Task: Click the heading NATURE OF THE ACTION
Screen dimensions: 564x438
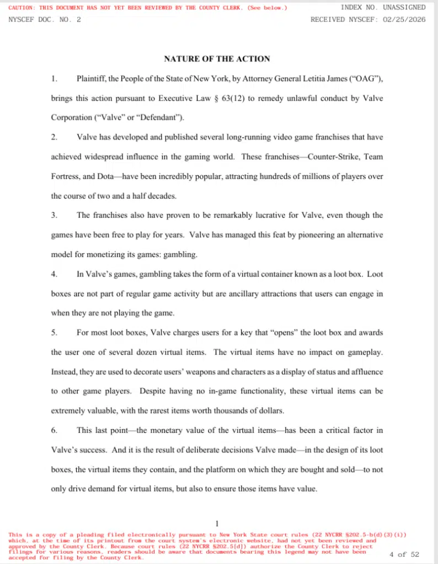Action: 217,59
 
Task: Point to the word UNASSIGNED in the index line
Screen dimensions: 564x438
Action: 403,8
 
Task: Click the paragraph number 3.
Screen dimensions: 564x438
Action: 54,215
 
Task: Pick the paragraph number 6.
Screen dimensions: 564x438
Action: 54,430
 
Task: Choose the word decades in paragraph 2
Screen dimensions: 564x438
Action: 163,196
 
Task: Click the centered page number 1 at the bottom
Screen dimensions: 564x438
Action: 217,523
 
